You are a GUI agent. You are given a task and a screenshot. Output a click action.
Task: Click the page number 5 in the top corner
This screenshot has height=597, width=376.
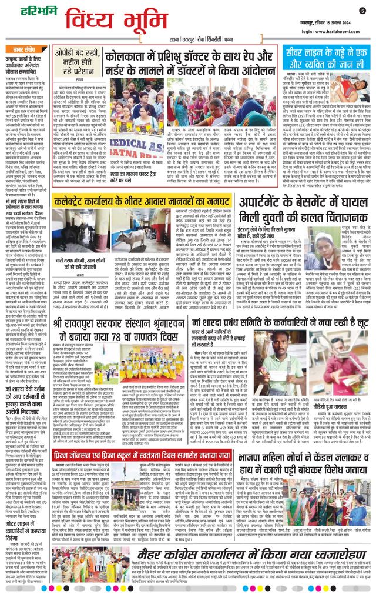point(362,10)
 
